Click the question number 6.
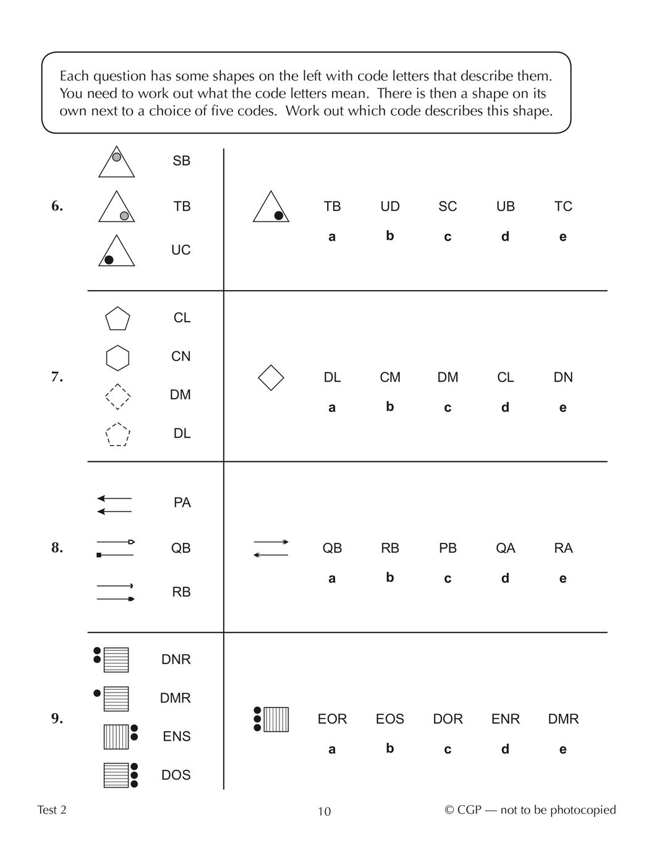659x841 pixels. [57, 206]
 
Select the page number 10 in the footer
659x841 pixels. [324, 811]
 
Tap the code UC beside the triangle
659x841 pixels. [181, 250]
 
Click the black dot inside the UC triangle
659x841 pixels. [109, 260]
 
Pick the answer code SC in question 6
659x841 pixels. [448, 206]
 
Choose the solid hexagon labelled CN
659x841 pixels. [117, 357]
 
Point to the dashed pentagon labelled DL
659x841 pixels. [117, 435]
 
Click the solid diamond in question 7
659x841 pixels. [271, 377]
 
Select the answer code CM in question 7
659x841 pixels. [390, 377]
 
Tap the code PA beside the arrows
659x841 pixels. [182, 503]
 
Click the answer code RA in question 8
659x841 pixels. [563, 548]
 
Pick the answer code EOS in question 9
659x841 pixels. [389, 719]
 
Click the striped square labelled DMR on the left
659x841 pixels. [116, 699]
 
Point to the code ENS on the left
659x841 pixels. [176, 736]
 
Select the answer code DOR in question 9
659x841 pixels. [448, 719]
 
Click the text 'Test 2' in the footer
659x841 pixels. [52, 810]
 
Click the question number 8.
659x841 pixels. [57, 548]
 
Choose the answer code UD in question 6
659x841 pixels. [390, 206]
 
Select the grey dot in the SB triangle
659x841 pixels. [116, 157]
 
